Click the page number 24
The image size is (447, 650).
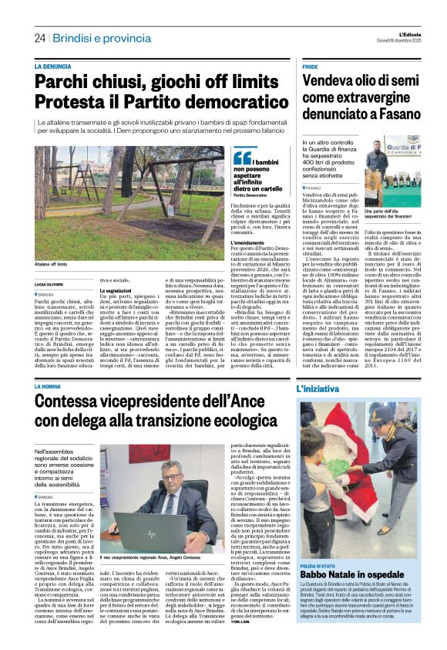[39, 37]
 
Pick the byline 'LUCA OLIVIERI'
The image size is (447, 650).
[51, 285]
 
